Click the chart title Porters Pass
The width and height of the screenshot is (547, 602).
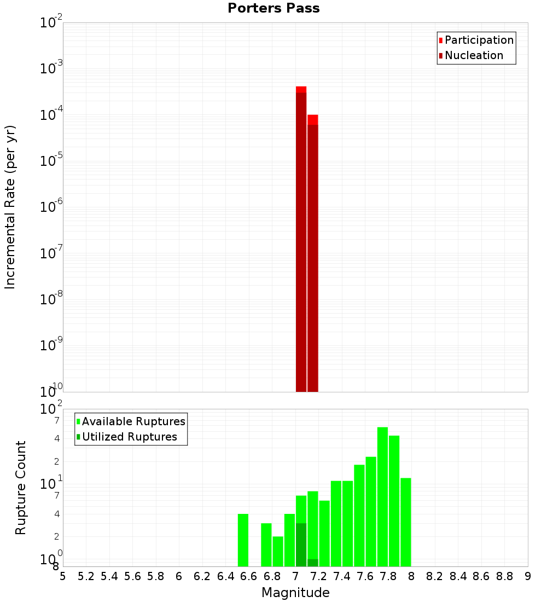click(273, 8)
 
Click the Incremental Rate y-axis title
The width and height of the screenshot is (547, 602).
click(10, 207)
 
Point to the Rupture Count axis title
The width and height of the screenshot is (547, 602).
click(21, 488)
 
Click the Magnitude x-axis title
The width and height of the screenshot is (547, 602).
click(295, 593)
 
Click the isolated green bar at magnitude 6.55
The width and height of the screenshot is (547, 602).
click(243, 540)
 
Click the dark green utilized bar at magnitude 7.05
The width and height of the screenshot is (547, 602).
click(301, 545)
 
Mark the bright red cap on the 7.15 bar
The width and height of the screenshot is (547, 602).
click(312, 119)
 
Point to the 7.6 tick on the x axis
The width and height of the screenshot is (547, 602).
click(365, 576)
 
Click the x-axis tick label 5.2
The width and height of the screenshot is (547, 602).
click(86, 576)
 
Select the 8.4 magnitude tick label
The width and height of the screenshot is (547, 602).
click(458, 576)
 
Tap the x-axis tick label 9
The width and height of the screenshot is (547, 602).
click(527, 576)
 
